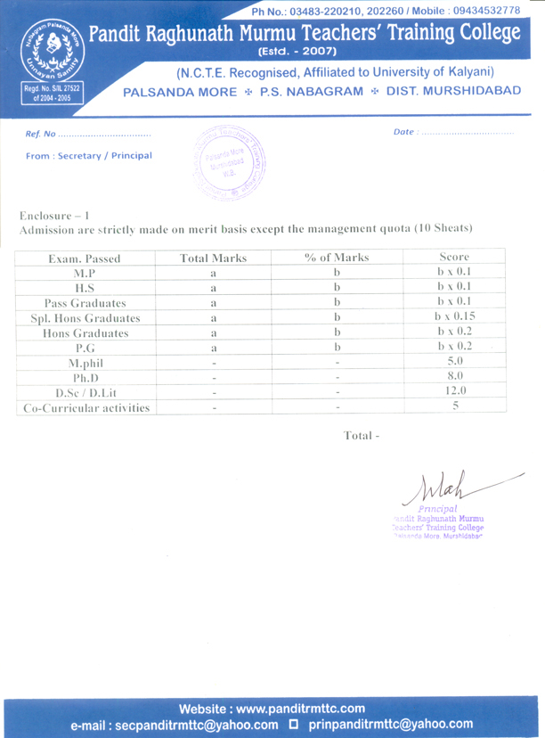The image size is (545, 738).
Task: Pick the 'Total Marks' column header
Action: pyautogui.click(x=213, y=258)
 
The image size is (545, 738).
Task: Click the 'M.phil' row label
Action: pyautogui.click(x=85, y=364)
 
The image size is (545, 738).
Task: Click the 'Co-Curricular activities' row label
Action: pyautogui.click(x=85, y=408)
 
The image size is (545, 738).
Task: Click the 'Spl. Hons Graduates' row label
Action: pyautogui.click(x=85, y=317)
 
